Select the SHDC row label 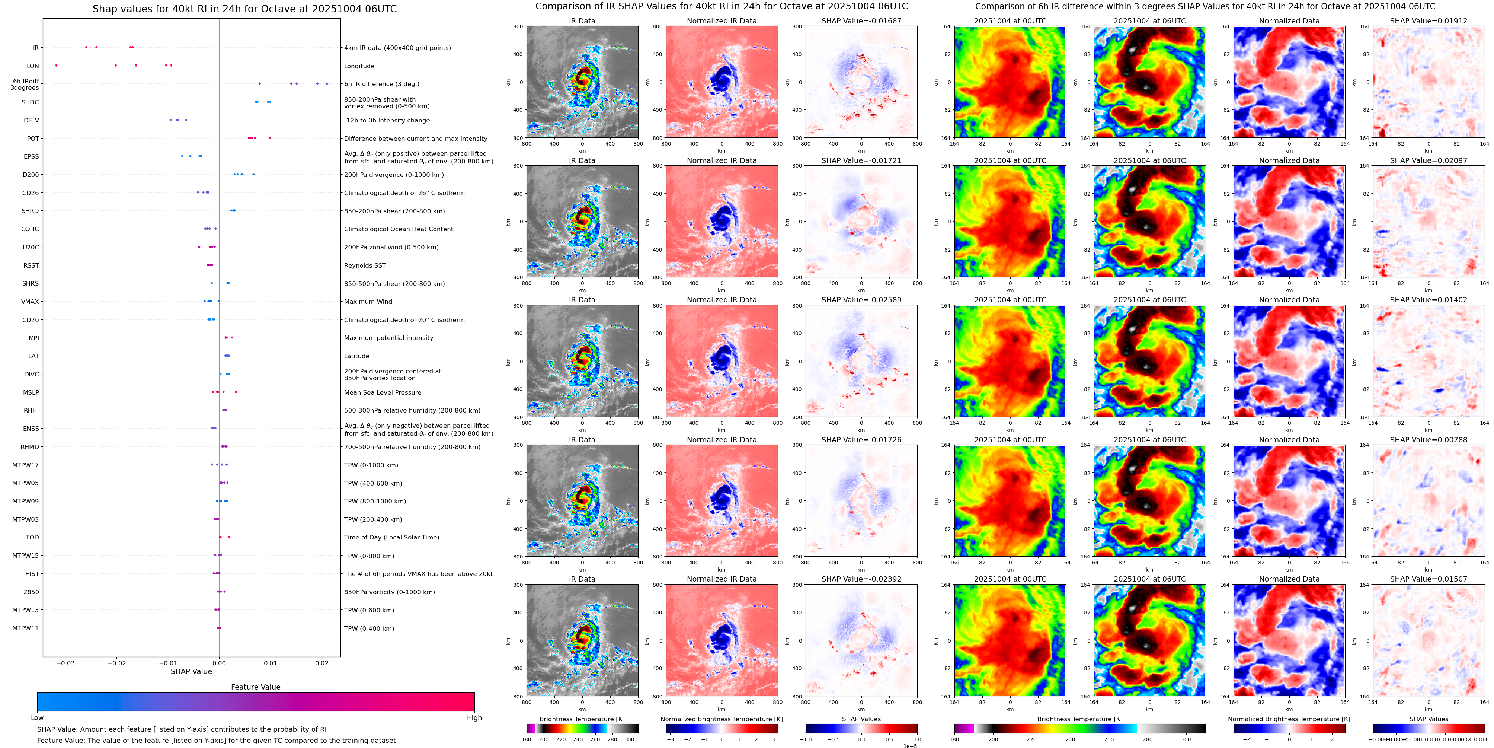coord(30,102)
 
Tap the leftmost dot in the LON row coord(56,66)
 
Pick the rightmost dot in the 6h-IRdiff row coord(327,83)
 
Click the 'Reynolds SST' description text coord(365,266)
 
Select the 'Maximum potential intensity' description coord(388,338)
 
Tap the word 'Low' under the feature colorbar coord(37,718)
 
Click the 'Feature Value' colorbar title coord(255,687)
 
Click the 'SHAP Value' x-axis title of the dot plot coord(191,671)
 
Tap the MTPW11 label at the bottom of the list coord(26,628)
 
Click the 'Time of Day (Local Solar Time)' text coord(391,537)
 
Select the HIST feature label coord(32,574)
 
